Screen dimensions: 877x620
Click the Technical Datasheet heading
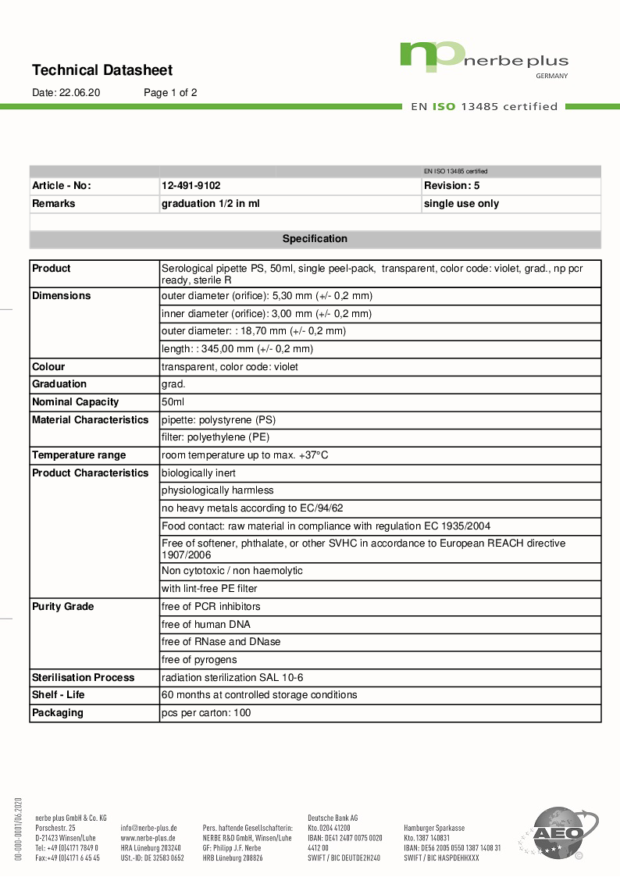point(102,70)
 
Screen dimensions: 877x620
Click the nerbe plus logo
point(484,58)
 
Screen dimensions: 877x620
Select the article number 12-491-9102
point(191,186)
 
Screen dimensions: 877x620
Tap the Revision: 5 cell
point(451,186)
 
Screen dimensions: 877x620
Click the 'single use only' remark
point(461,204)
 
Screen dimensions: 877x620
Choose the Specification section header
point(315,239)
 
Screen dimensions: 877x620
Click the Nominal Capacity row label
point(75,402)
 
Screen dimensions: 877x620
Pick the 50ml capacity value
point(173,402)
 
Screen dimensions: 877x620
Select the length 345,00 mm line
point(237,349)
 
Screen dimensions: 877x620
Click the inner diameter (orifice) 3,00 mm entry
point(266,314)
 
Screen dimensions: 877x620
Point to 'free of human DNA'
point(205,625)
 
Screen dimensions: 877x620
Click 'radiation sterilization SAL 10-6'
point(232,678)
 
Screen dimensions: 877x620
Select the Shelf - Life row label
point(59,695)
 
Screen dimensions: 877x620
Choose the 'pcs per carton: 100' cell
point(205,713)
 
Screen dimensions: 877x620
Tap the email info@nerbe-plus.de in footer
point(148,828)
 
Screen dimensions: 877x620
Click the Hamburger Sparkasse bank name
point(434,828)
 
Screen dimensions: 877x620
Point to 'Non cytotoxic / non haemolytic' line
point(232,571)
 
